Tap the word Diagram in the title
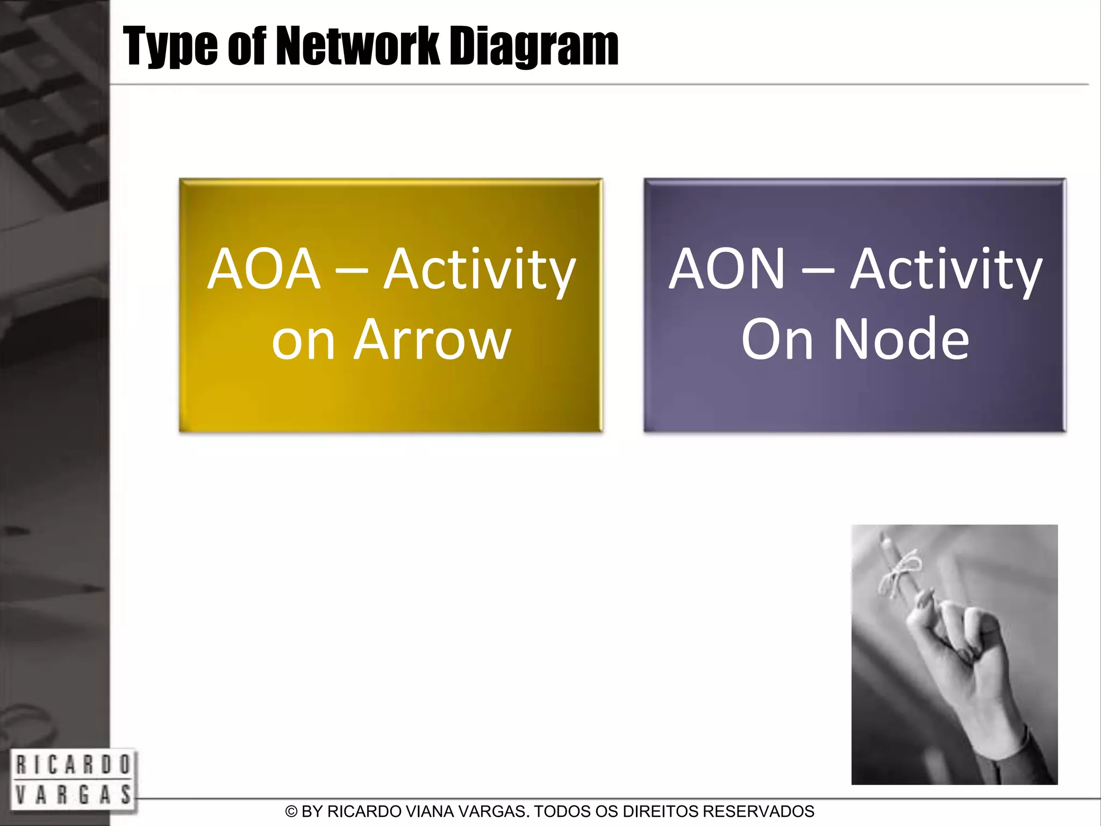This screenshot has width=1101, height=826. click(x=534, y=47)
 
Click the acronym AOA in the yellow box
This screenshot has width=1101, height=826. click(x=264, y=269)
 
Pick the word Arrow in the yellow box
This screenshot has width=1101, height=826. click(x=432, y=340)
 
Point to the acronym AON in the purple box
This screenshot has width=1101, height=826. click(x=727, y=269)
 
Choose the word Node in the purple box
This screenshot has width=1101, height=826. click(x=901, y=340)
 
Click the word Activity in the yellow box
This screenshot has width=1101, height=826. click(x=480, y=270)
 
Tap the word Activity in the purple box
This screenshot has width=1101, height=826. click(x=946, y=270)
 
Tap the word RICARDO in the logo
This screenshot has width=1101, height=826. click(x=73, y=765)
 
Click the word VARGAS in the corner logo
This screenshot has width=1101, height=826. click(x=73, y=794)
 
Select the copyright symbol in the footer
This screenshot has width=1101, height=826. click(x=291, y=811)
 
